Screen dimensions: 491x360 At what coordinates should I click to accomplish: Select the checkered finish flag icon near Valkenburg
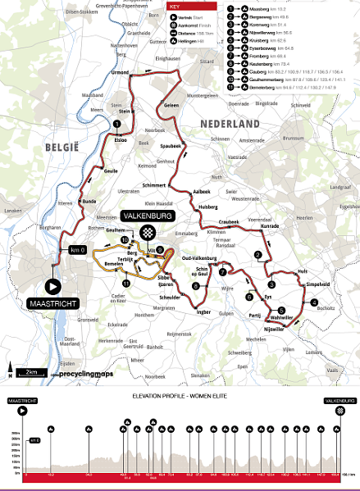click(x=148, y=233)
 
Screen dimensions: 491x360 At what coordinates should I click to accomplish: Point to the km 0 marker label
click(x=78, y=249)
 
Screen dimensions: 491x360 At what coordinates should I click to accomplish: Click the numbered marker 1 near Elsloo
click(x=117, y=125)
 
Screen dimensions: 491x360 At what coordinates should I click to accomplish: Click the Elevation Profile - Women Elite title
click(x=180, y=394)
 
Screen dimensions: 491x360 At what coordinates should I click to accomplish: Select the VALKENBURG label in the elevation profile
click(x=338, y=402)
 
